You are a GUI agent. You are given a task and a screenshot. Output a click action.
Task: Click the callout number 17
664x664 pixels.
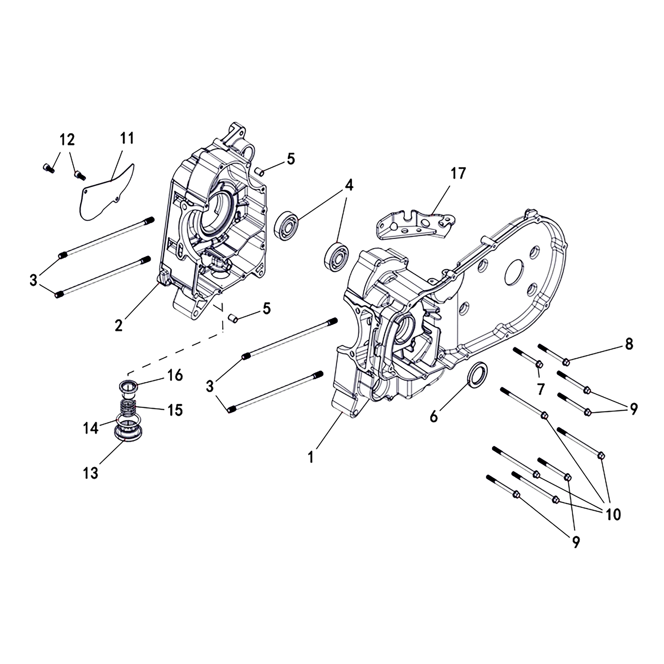[x=458, y=174]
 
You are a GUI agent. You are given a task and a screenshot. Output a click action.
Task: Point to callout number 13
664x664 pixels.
[x=91, y=474]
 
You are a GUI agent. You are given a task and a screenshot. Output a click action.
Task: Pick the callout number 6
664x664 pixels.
[x=434, y=417]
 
